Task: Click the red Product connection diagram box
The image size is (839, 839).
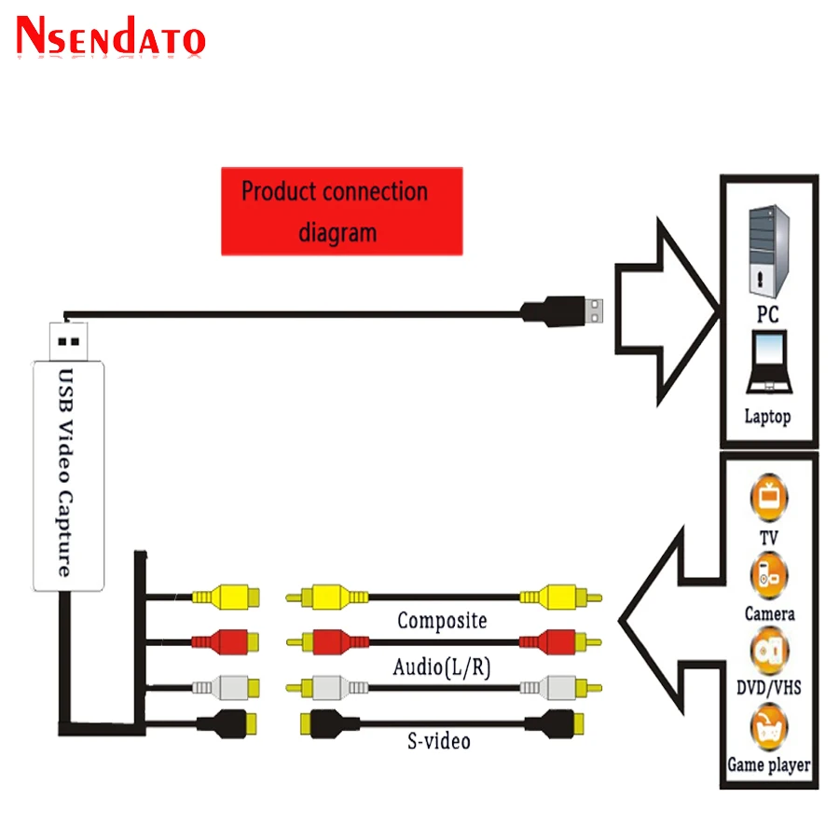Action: tap(341, 211)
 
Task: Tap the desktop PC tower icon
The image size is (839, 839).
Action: tap(768, 251)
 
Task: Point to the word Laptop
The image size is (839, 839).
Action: tap(767, 416)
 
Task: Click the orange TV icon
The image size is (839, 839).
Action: tap(769, 497)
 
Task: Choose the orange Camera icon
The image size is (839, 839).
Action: tap(769, 573)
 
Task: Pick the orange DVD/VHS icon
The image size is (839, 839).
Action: tap(769, 649)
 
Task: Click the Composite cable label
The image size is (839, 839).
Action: tap(442, 620)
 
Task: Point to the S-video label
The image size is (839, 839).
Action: tap(439, 741)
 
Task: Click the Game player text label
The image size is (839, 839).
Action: tap(768, 766)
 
